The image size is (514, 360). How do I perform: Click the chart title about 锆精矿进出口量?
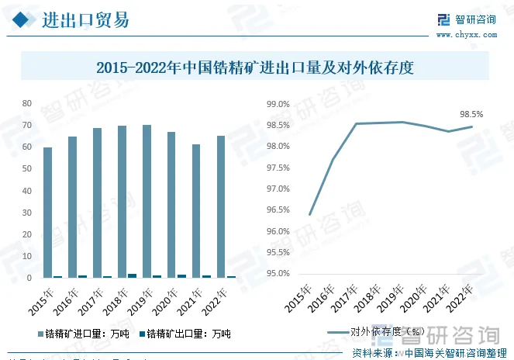click(256, 67)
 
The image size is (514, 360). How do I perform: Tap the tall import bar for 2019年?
click(147, 201)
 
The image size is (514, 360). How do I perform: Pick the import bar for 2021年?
click(196, 210)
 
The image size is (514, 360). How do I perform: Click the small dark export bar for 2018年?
click(132, 275)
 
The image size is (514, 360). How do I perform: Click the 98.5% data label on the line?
click(471, 114)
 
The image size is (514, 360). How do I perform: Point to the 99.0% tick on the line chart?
click(278, 104)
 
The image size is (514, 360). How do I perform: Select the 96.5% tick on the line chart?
click(278, 210)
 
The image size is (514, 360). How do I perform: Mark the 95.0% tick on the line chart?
click(278, 274)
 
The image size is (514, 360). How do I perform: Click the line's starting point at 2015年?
click(309, 214)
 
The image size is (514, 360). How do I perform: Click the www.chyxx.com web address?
click(464, 34)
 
